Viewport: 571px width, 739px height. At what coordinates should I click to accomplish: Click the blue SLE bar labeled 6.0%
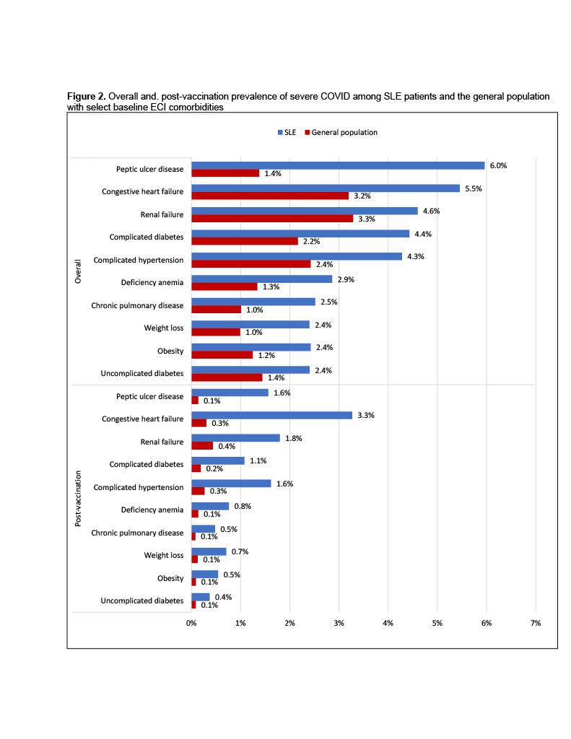click(x=338, y=165)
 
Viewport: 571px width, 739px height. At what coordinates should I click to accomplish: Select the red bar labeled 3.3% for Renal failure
click(x=272, y=218)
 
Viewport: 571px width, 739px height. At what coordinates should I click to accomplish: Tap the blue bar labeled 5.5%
click(x=326, y=188)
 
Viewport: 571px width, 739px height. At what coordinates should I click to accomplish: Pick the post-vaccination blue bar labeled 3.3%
click(x=271, y=415)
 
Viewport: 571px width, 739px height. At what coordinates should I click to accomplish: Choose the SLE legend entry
click(x=284, y=132)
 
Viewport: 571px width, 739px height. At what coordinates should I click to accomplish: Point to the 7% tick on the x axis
click(x=535, y=622)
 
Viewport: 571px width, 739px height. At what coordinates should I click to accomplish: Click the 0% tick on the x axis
click(x=191, y=622)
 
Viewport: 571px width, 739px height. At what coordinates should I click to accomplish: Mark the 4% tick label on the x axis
click(x=388, y=622)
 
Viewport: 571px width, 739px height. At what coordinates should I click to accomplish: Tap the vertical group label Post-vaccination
click(x=80, y=499)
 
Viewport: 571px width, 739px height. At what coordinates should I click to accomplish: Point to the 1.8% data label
click(x=293, y=438)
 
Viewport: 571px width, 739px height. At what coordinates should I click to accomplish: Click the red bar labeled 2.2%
click(x=245, y=241)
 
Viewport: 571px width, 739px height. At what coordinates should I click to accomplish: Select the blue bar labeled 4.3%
click(x=297, y=256)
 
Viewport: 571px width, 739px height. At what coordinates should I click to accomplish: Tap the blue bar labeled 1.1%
click(x=218, y=460)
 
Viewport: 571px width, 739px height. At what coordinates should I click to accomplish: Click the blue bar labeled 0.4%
click(x=201, y=597)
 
